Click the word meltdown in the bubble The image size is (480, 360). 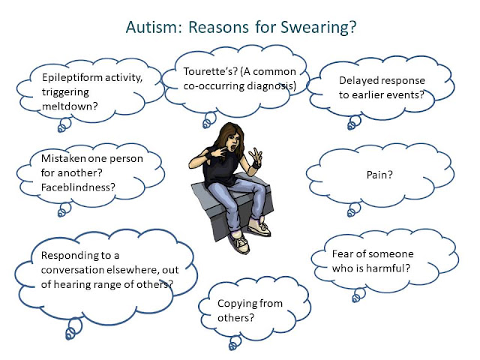click(x=70, y=106)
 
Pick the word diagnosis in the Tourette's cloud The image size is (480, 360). click(x=271, y=86)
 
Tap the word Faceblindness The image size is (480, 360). click(x=78, y=187)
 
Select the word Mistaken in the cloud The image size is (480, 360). click(x=63, y=158)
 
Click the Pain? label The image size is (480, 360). click(x=379, y=175)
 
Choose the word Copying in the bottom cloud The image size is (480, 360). click(x=237, y=304)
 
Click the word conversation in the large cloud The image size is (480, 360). click(x=72, y=270)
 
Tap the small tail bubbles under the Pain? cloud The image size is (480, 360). click(x=354, y=210)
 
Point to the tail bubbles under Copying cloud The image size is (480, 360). click(x=235, y=343)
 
